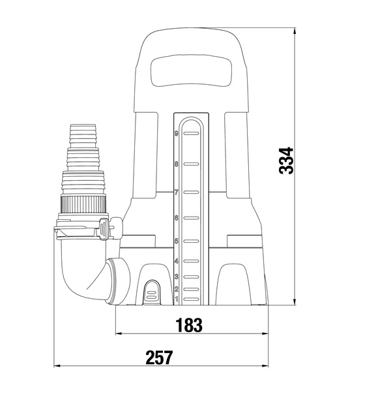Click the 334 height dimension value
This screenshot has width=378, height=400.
(x=286, y=161)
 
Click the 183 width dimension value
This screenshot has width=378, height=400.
(x=189, y=325)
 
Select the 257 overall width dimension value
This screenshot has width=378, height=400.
(x=159, y=358)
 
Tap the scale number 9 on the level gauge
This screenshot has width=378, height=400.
(x=176, y=133)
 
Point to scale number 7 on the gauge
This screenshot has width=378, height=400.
(x=176, y=192)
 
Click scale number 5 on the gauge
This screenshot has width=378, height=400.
(x=176, y=241)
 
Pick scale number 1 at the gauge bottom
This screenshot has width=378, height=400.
(x=177, y=299)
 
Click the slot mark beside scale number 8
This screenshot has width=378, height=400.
(x=191, y=164)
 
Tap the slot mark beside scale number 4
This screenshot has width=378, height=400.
(x=191, y=261)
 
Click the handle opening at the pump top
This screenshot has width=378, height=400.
(x=191, y=70)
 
